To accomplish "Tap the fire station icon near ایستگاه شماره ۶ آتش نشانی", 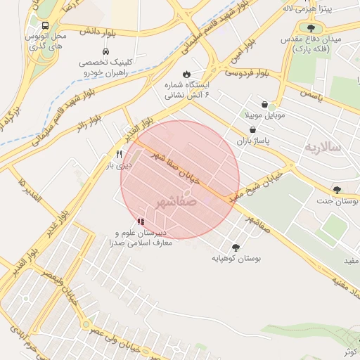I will tap(186, 74).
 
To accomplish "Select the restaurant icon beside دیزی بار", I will tap(119, 155).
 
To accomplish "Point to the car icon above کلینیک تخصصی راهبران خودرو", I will tap(105, 52).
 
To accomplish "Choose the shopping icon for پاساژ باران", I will tap(252, 130).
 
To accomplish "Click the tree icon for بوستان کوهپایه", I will tap(235, 247).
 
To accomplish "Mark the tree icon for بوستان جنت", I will tap(337, 190).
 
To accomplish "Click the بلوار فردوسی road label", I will tap(247, 72).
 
